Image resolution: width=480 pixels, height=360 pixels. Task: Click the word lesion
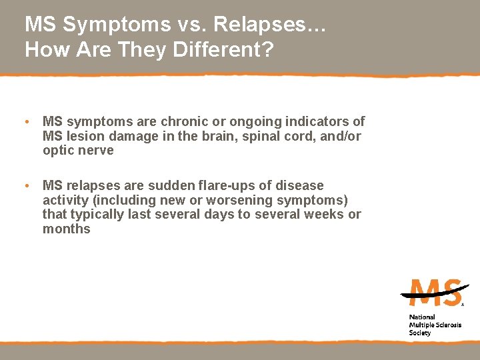[83, 136]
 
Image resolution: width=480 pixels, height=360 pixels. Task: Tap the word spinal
[265, 136]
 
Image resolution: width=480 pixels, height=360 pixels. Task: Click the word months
[66, 229]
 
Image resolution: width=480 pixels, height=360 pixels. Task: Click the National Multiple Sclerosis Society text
[434, 325]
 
